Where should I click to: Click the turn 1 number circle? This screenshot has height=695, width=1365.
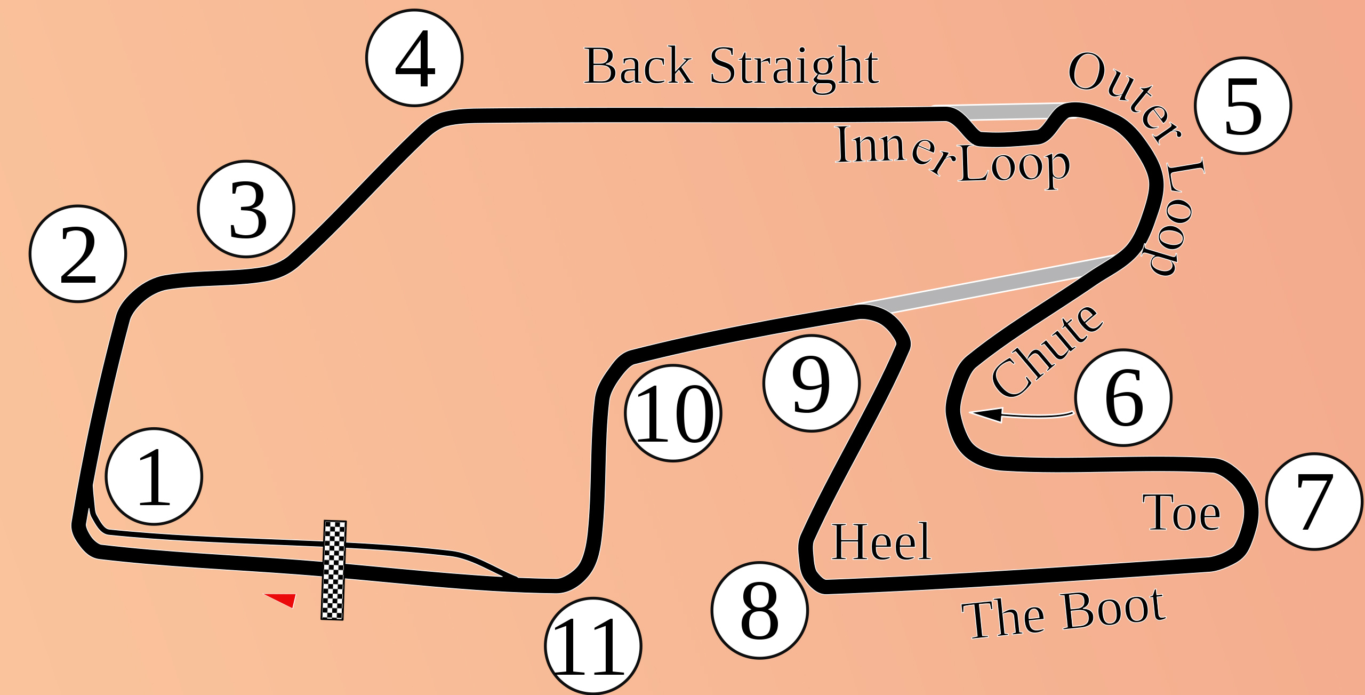tap(154, 476)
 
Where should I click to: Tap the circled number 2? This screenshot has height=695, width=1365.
tap(78, 254)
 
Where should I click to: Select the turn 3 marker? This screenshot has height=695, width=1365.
tap(246, 209)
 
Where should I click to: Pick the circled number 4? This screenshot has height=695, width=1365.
tap(414, 58)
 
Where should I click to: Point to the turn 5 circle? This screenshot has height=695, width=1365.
tap(1243, 106)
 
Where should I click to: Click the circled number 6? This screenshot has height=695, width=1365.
tap(1123, 397)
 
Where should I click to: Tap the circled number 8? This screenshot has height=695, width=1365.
tap(760, 610)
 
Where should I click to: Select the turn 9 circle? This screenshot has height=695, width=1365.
tap(812, 383)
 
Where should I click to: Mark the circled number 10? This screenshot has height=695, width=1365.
tap(673, 413)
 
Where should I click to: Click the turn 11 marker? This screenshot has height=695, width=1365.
tap(593, 645)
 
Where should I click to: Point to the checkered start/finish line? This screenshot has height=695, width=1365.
tap(333, 570)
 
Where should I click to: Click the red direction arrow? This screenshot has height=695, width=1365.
tap(283, 599)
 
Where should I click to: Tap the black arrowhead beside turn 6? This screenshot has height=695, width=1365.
tap(986, 414)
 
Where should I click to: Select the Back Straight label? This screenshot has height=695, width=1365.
tap(731, 66)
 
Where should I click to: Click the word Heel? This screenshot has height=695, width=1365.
tap(881, 541)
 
